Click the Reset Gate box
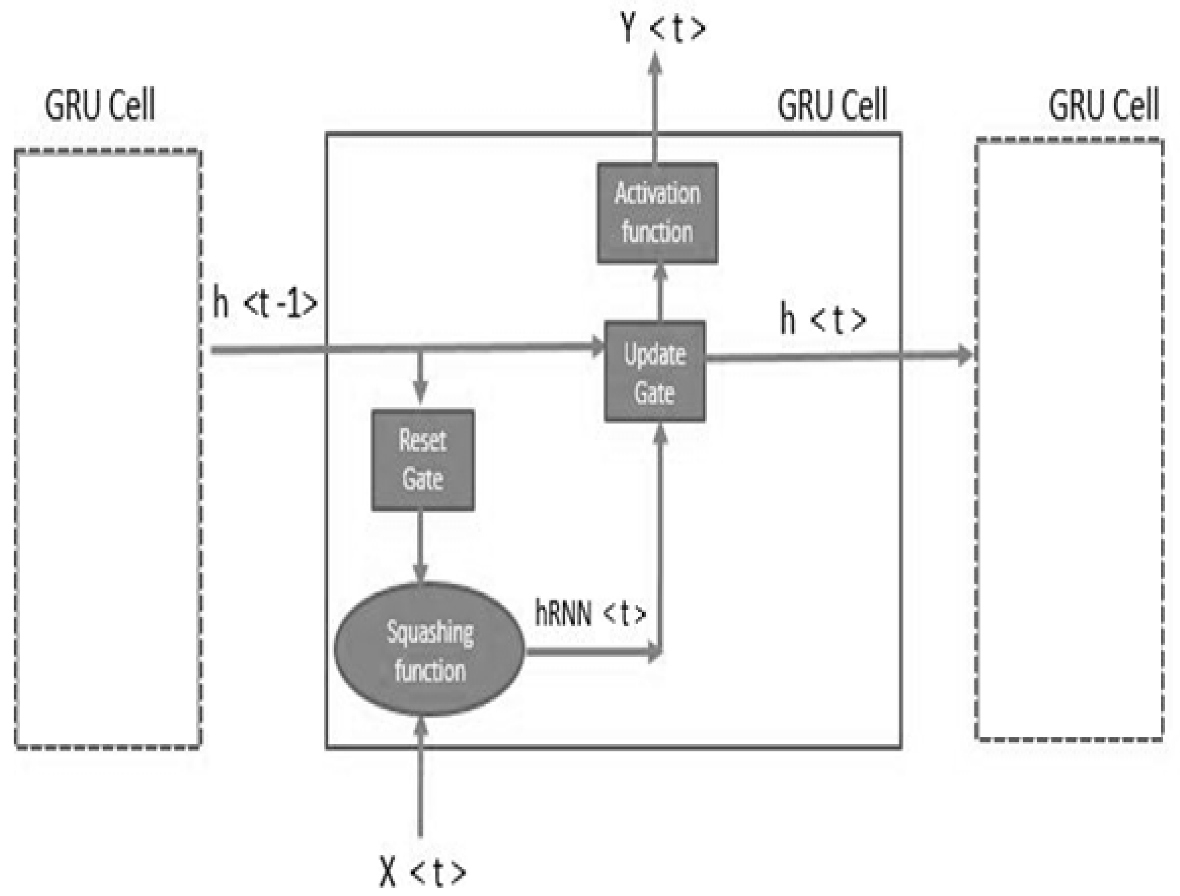pyautogui.click(x=423, y=460)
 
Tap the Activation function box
pyautogui.click(x=657, y=213)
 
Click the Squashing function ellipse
pyautogui.click(x=429, y=650)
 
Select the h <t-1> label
pyautogui.click(x=265, y=303)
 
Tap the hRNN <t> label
pyautogui.click(x=590, y=614)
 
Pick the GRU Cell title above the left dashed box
pyautogui.click(x=100, y=105)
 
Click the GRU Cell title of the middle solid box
pyautogui.click(x=832, y=105)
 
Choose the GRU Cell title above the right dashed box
pyautogui.click(x=1103, y=105)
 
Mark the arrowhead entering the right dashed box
pyautogui.click(x=966, y=355)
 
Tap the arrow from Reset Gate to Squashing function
pyautogui.click(x=421, y=544)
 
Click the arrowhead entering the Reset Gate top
pyautogui.click(x=421, y=392)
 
